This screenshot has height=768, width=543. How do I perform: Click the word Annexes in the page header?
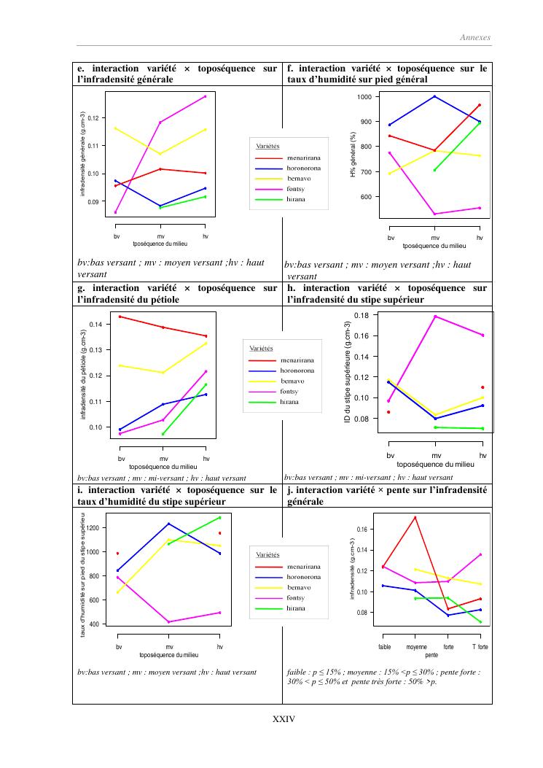[476, 37]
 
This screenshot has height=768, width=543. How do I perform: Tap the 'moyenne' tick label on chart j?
[416, 648]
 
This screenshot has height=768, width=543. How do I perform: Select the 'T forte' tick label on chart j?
[480, 648]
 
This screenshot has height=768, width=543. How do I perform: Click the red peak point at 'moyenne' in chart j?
[415, 517]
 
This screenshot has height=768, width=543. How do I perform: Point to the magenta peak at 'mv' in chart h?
[435, 317]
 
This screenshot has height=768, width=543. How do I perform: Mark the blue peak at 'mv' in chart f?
[435, 96]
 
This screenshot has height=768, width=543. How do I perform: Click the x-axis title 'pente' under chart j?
[431, 656]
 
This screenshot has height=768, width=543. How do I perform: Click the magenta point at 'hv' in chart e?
[206, 96]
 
